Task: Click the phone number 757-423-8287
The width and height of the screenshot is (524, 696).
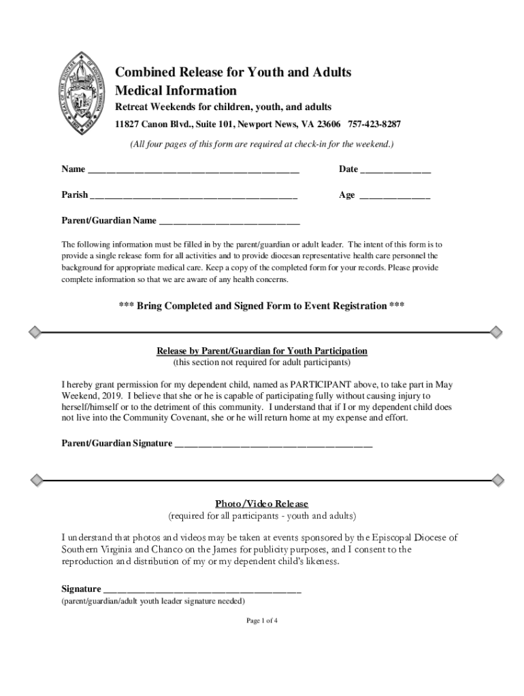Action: [374, 124]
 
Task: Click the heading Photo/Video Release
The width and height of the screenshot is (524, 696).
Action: [262, 504]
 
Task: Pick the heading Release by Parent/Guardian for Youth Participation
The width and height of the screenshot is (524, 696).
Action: [262, 351]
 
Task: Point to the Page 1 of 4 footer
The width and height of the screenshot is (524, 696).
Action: [262, 621]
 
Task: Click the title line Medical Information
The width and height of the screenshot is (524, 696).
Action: [176, 90]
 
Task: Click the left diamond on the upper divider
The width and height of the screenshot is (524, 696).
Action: [33, 332]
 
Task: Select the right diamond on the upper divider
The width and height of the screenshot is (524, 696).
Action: [497, 332]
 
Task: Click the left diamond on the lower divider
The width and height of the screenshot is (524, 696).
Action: [33, 481]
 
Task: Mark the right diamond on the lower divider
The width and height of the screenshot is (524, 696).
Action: [497, 481]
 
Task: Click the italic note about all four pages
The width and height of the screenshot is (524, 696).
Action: [262, 145]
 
